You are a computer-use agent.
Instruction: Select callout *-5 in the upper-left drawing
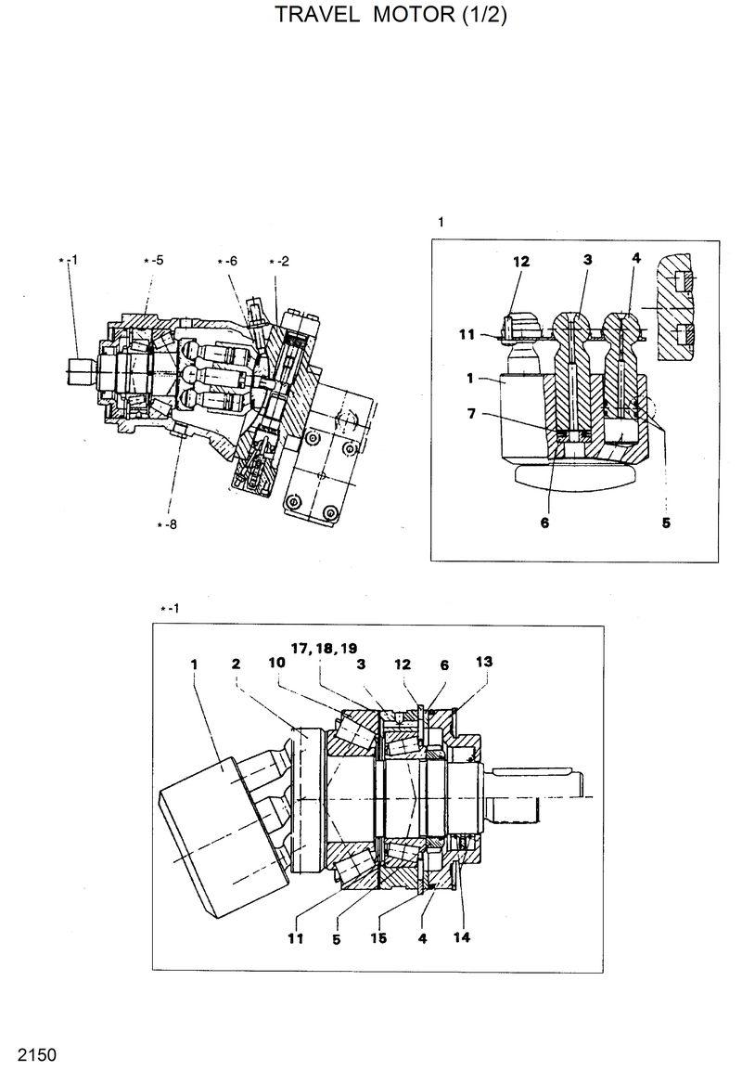click(x=153, y=262)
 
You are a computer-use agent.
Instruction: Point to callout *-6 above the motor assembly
click(x=227, y=262)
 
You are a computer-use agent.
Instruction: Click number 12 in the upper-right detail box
click(x=520, y=262)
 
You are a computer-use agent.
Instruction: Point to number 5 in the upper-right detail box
click(x=665, y=523)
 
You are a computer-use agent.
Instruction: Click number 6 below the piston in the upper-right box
click(x=544, y=523)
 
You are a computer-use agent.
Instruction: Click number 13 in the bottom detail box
click(x=484, y=662)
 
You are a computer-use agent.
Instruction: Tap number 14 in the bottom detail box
click(x=462, y=936)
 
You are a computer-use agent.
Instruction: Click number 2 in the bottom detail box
click(x=237, y=663)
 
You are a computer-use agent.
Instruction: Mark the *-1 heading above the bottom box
click(x=169, y=609)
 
